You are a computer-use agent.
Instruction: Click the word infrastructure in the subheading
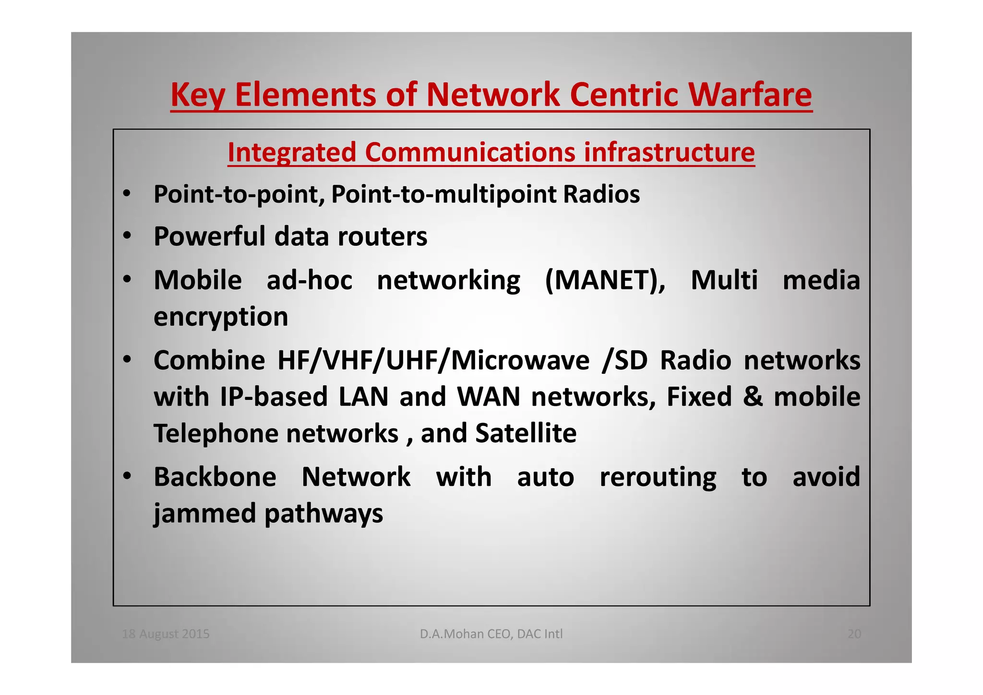point(669,153)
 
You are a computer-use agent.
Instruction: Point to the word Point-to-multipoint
point(444,194)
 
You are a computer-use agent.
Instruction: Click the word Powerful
point(209,236)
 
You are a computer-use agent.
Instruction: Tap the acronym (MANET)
point(605,280)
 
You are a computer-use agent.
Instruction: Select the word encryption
point(221,317)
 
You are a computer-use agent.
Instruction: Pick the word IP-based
point(274,397)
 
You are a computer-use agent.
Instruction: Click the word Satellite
point(526,433)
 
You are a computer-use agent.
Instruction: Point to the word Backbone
point(215,477)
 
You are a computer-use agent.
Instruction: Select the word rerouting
point(658,477)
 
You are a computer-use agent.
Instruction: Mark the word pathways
point(324,514)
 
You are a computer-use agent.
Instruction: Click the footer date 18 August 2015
point(166,634)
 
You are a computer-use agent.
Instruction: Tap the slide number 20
point(854,634)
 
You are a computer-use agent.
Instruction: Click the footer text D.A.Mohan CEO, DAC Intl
point(491,634)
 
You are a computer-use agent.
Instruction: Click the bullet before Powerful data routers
point(127,236)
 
